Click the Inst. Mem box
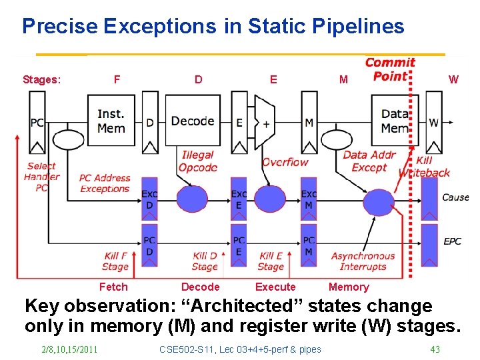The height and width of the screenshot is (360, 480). tap(111, 121)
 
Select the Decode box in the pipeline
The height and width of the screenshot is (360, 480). tap(193, 121)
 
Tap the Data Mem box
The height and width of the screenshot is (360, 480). tap(395, 121)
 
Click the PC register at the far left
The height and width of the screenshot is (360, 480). tap(37, 123)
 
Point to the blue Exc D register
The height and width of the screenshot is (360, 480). tap(149, 199)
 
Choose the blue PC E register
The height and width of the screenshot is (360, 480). tap(239, 245)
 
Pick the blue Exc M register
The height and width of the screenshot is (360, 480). tap(309, 199)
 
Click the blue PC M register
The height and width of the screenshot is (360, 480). tap(309, 245)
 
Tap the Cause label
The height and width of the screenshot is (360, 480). tap(455, 197)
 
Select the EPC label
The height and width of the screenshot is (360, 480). tap(453, 241)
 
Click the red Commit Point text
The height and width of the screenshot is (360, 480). tap(390, 69)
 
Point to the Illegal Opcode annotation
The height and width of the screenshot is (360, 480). tap(197, 161)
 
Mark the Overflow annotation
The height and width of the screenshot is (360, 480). tap(285, 162)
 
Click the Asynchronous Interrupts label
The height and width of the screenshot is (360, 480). tap(363, 261)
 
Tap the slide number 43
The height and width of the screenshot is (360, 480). tap(435, 349)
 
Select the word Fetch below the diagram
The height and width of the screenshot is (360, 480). tap(113, 287)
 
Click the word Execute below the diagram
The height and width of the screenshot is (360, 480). tap(275, 287)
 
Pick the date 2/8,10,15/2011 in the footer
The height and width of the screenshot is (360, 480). tap(69, 349)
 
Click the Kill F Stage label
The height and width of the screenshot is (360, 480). tap(115, 261)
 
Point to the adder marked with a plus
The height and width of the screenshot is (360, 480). tap(266, 124)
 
